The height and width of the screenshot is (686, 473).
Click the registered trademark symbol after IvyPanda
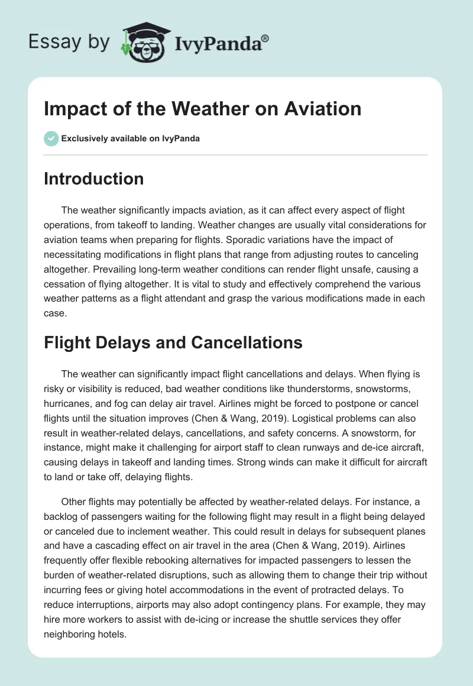click(265, 38)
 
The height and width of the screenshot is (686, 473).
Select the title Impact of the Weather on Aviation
click(203, 109)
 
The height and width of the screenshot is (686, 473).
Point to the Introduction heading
click(93, 179)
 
